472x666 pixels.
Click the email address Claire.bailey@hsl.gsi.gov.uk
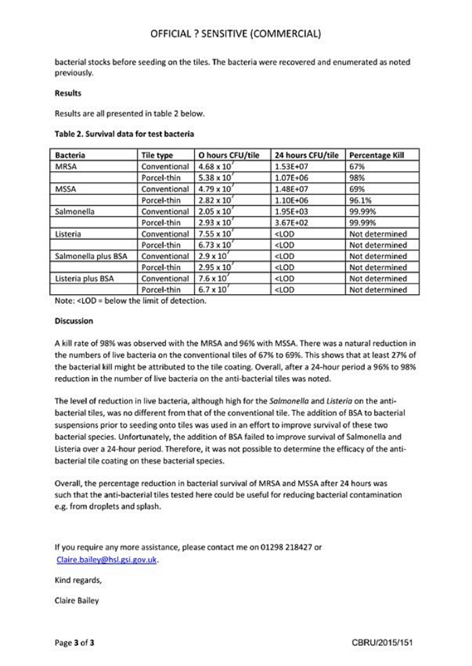pos(108,559)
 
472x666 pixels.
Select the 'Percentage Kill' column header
pos(376,155)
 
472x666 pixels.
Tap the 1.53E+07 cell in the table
pos(292,166)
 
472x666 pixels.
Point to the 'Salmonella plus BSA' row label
pos(90,256)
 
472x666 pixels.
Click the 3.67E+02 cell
pos(292,223)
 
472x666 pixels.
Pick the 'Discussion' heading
pos(74,321)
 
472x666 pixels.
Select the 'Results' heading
pos(68,93)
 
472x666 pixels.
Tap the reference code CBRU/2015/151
pos(382,643)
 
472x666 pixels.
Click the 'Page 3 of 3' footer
pos(74,643)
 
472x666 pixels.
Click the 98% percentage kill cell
pos(357,177)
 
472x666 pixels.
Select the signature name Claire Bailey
pos(77,601)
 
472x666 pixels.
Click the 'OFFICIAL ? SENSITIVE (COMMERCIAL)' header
pos(235,33)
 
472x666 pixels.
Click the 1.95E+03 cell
pos(292,211)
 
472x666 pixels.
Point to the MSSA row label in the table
pos(66,189)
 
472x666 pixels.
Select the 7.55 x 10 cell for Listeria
pos(214,233)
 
